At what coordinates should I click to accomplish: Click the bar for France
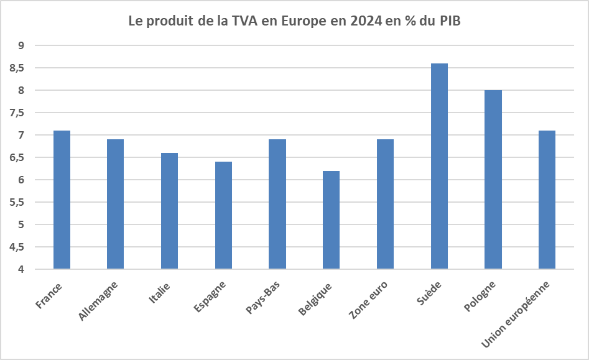point(62,200)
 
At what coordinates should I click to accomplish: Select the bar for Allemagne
point(115,205)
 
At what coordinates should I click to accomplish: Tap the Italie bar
point(169,211)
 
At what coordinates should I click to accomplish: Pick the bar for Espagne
point(223,216)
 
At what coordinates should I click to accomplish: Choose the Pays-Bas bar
point(277,205)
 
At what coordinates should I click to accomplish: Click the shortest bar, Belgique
point(331,220)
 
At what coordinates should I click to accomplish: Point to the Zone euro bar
point(385,205)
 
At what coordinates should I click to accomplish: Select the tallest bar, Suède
point(439,167)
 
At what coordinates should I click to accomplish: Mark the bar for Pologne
point(493,180)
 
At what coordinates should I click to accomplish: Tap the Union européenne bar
point(547,200)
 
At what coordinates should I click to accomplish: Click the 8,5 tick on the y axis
point(17,68)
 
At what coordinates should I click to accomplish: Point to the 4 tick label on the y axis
point(21,270)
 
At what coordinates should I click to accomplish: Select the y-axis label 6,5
point(17,158)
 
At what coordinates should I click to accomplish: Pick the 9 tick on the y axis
point(21,46)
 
